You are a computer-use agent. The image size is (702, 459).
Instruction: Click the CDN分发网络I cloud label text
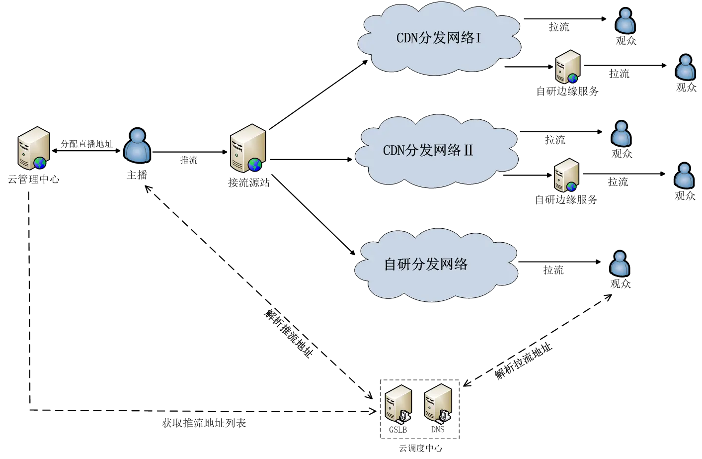tap(438, 38)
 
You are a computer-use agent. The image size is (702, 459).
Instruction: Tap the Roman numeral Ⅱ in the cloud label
tap(468, 150)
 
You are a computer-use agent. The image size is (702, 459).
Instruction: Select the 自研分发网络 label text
tap(426, 264)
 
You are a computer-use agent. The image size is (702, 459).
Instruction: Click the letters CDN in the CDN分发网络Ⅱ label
tap(394, 150)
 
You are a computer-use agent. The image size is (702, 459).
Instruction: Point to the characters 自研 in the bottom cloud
tap(397, 264)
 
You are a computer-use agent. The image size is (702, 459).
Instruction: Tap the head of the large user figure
tap(137, 136)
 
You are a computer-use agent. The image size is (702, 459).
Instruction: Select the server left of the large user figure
tap(33, 148)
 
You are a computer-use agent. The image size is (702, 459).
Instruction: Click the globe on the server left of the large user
tap(40, 163)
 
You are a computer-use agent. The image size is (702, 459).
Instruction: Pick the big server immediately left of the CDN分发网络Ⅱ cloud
tap(248, 148)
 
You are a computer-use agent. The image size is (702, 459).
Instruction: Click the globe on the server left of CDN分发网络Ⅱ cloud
tap(255, 165)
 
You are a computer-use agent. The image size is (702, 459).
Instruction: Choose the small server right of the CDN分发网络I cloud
tap(567, 66)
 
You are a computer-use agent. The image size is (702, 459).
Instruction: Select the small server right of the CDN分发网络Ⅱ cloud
tap(566, 175)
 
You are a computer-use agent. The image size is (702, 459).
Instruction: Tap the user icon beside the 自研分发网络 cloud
tap(620, 264)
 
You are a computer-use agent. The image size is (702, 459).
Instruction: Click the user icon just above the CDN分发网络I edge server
tap(625, 21)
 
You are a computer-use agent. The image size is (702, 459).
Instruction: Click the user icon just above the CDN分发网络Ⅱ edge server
tap(621, 134)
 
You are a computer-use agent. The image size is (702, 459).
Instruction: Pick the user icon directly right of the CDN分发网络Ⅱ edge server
tap(684, 176)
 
